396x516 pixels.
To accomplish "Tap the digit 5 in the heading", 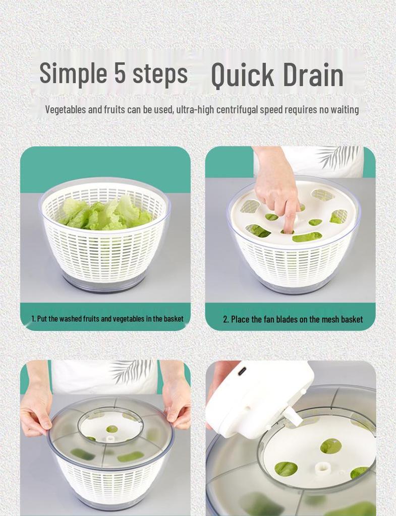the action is [120, 72].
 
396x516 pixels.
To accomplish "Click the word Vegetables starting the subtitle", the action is [65, 109].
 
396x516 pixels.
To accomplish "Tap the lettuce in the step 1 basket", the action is [105, 214].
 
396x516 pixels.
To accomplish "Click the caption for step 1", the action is [107, 318].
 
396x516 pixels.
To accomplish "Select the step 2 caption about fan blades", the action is [293, 319].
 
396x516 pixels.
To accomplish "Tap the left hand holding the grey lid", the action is [36, 411].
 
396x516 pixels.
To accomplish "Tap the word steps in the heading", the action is [160, 75].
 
